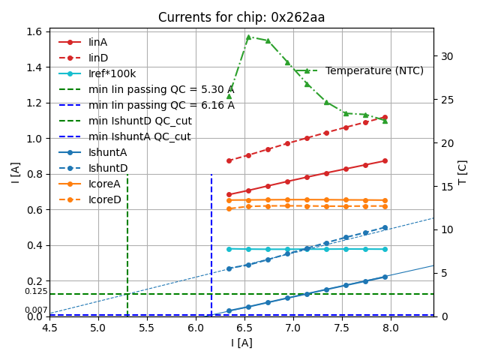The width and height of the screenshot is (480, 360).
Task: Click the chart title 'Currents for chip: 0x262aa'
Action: (x=241, y=18)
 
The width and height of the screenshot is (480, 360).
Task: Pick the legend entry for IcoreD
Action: (x=104, y=199)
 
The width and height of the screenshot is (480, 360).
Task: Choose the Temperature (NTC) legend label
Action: (x=374, y=70)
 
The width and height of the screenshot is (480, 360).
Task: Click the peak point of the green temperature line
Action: (x=248, y=37)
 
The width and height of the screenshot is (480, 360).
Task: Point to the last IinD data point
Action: (x=385, y=118)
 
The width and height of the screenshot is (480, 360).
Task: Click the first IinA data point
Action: (x=229, y=194)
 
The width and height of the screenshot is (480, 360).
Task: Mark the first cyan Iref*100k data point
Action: (x=229, y=249)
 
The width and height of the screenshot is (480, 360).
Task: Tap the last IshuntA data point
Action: (x=385, y=277)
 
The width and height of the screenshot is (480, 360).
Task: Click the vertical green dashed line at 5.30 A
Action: (x=127, y=240)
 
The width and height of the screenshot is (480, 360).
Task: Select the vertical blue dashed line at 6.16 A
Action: (x=211, y=240)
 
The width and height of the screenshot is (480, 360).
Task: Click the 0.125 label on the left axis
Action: (x=36, y=292)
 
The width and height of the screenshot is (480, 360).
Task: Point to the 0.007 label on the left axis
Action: (x=36, y=310)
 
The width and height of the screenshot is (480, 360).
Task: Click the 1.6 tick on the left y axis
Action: (x=34, y=32)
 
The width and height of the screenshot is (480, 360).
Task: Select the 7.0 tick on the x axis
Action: (x=293, y=328)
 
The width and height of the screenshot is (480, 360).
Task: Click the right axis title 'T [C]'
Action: (x=463, y=172)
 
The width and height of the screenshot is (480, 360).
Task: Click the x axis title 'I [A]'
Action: (x=241, y=343)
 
